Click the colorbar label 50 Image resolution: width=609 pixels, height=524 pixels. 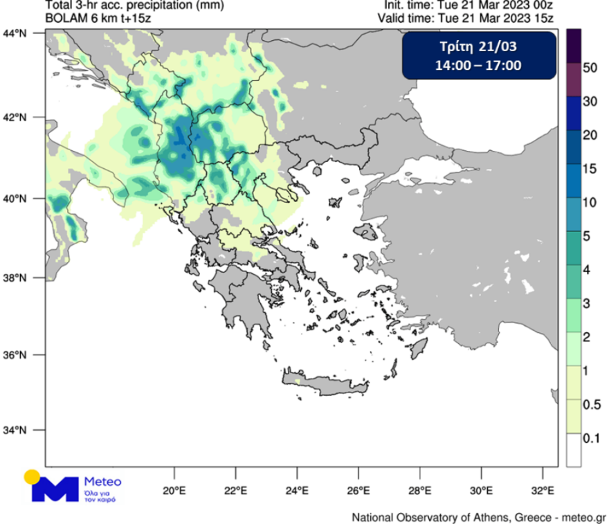click(x=590, y=68)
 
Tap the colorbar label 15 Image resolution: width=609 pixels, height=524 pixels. click(x=590, y=169)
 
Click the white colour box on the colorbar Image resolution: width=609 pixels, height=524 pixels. click(x=573, y=449)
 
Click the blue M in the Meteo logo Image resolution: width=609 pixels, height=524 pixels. click(x=55, y=489)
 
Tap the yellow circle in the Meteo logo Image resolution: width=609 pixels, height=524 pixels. click(x=32, y=477)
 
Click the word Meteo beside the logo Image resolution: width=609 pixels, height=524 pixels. click(x=102, y=481)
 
